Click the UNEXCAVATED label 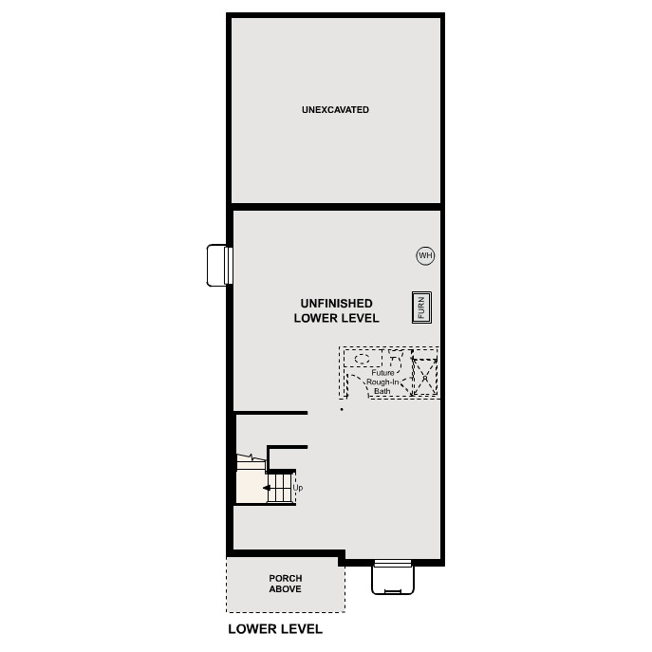(x=335, y=110)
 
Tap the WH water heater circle (x=425, y=255)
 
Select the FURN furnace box (x=421, y=307)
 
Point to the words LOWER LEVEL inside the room (x=336, y=319)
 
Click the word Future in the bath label (x=382, y=373)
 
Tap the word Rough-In (x=382, y=382)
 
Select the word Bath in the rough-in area (x=382, y=390)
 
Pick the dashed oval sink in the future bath (x=363, y=359)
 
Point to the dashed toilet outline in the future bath (x=395, y=360)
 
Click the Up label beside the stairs (x=298, y=488)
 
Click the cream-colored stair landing (x=251, y=486)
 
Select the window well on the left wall (x=219, y=265)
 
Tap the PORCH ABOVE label (x=285, y=584)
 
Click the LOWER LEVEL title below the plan (x=275, y=628)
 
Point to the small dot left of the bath (x=342, y=410)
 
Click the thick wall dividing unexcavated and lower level (x=335, y=205)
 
